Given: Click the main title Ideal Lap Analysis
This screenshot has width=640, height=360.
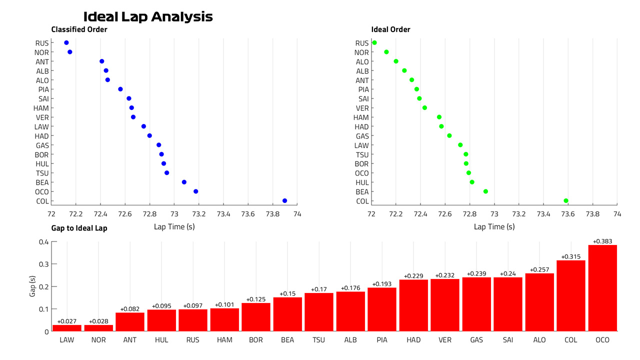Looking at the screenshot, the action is (x=148, y=17).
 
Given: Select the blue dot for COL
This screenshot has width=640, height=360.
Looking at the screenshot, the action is (x=284, y=201).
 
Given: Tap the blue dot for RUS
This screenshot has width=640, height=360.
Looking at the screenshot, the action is (x=66, y=43).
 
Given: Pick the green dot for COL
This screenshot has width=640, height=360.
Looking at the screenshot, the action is (x=565, y=201).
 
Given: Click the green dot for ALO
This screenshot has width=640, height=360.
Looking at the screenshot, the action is (x=395, y=61).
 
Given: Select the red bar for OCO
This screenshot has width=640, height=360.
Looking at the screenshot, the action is (x=602, y=288).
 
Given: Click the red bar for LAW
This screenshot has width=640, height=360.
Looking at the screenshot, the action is (x=67, y=328).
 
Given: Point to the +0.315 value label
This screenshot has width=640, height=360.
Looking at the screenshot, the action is (x=570, y=256).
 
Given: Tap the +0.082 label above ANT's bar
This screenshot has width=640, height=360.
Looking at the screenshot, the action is (x=129, y=309).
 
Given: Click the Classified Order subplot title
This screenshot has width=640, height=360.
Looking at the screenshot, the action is (x=79, y=29).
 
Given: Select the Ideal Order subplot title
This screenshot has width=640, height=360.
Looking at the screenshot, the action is (x=390, y=29).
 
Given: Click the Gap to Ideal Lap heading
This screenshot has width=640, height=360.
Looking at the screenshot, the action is (x=79, y=228).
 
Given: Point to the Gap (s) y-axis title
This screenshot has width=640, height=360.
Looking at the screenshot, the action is (x=32, y=286).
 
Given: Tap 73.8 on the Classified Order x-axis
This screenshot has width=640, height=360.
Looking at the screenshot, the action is (x=272, y=214).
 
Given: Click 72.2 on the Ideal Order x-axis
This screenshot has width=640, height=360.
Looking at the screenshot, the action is (x=395, y=214).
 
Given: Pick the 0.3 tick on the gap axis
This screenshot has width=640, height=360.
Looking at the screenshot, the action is (x=43, y=264).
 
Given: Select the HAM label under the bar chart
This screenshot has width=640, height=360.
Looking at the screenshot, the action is (x=224, y=340).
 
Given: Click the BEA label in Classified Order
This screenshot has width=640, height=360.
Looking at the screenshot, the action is (x=42, y=182).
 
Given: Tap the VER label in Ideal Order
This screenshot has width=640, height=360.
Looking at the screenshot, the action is (x=362, y=108).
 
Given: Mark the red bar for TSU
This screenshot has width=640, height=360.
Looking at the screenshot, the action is (x=319, y=312).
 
